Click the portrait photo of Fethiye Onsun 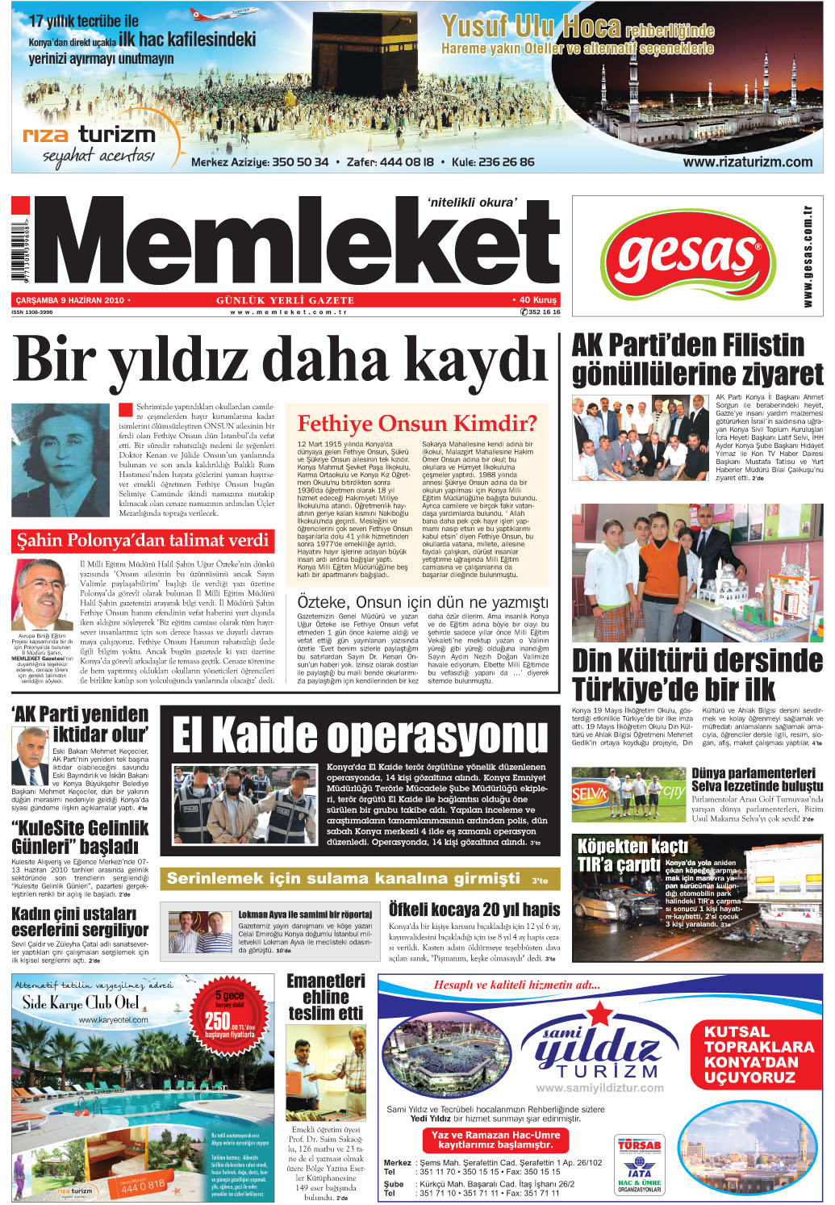61,460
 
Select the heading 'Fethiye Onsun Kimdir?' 417,424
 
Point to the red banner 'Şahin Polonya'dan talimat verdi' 143,540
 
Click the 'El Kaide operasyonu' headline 360,734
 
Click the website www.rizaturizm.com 747,161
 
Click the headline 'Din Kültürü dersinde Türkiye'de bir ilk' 697,675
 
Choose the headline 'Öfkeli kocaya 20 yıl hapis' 474,910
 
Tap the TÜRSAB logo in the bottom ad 639,1144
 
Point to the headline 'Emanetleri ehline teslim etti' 326,997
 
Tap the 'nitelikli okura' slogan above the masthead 473,203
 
